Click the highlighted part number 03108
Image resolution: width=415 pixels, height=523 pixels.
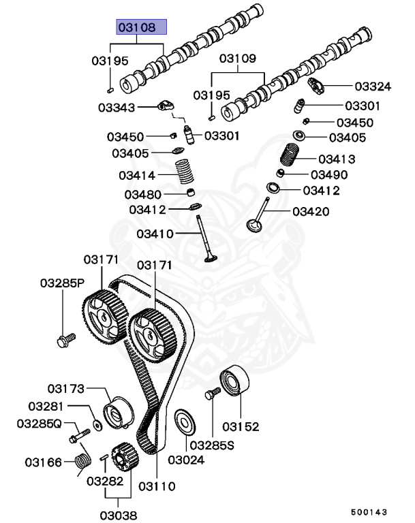pos(141,28)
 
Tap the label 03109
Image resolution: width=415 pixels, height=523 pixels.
pos(236,59)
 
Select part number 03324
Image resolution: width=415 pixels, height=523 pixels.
pos(373,86)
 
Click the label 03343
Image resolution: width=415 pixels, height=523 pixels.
pos(116,107)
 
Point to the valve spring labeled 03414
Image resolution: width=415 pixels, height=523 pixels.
pos(185,171)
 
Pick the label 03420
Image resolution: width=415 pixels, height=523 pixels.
pos(311,212)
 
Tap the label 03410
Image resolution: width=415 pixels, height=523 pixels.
pos(155,234)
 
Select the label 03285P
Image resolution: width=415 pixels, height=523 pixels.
pos(61,282)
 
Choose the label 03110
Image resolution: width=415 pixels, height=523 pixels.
pos(157,486)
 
